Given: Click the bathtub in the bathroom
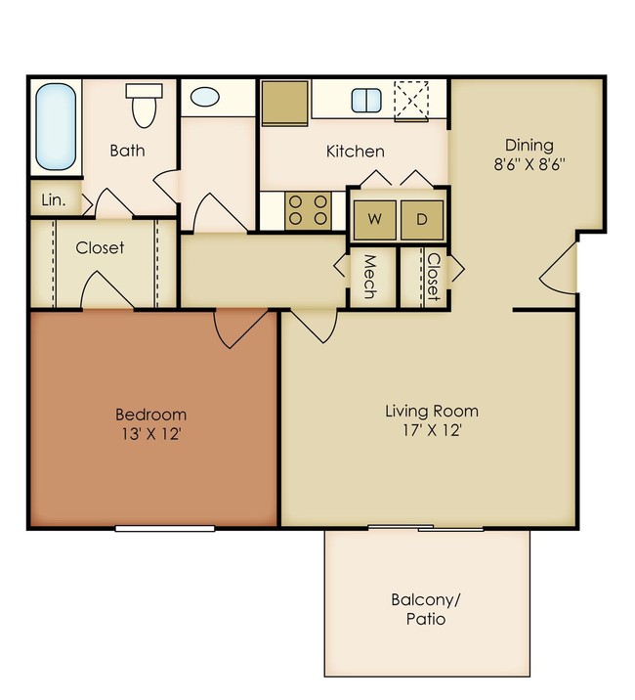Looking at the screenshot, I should pyautogui.click(x=54, y=126).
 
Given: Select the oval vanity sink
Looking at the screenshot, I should pyautogui.click(x=205, y=98).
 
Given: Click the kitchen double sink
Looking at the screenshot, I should pyautogui.click(x=366, y=101).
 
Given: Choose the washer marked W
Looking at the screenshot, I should pyautogui.click(x=375, y=220).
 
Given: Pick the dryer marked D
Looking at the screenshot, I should pyautogui.click(x=422, y=220).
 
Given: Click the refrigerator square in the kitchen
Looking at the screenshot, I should pyautogui.click(x=285, y=102).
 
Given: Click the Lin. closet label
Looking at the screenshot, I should pyautogui.click(x=52, y=200).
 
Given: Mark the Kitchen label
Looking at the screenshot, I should pyautogui.click(x=355, y=152).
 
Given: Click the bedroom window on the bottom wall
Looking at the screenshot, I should pyautogui.click(x=164, y=528).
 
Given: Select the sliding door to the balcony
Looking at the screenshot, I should pyautogui.click(x=425, y=529).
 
